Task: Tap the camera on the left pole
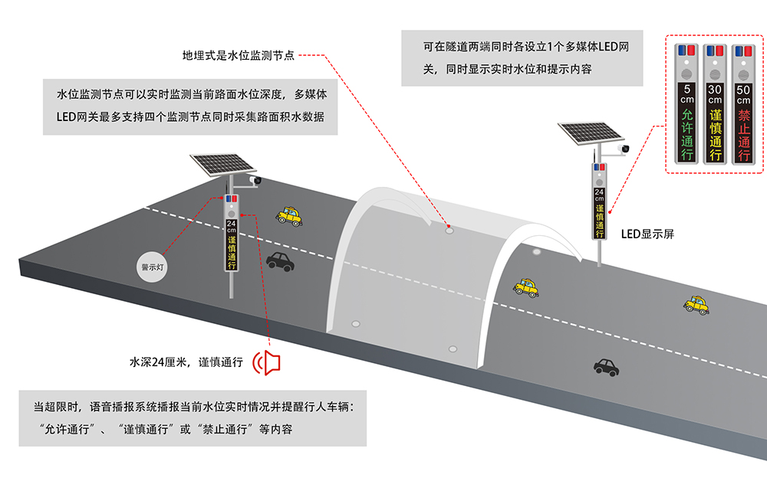click(256, 181)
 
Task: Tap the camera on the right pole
click(624, 147)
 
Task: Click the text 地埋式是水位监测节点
click(239, 55)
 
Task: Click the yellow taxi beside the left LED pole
click(289, 216)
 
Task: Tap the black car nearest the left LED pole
click(280, 263)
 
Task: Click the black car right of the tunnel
click(606, 366)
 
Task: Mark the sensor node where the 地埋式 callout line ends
click(449, 228)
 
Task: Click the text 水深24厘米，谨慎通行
click(186, 362)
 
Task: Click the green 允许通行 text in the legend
click(687, 134)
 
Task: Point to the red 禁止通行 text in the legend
click(742, 134)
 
